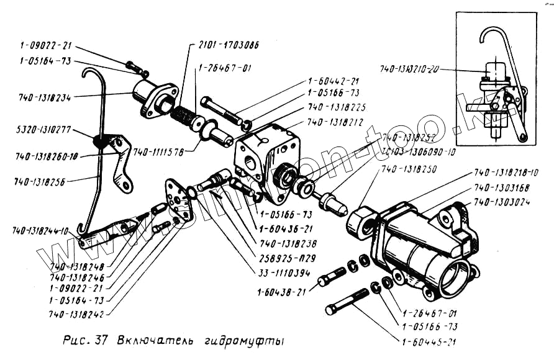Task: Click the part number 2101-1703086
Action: pyautogui.click(x=229, y=45)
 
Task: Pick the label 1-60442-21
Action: pyautogui.click(x=334, y=81)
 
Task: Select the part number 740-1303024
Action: pyautogui.click(x=506, y=202)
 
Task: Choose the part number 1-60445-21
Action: pyautogui.click(x=430, y=341)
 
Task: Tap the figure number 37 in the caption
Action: pyautogui.click(x=102, y=341)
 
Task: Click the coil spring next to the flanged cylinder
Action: pyautogui.click(x=184, y=115)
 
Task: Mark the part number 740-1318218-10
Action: pyautogui.click(x=507, y=172)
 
